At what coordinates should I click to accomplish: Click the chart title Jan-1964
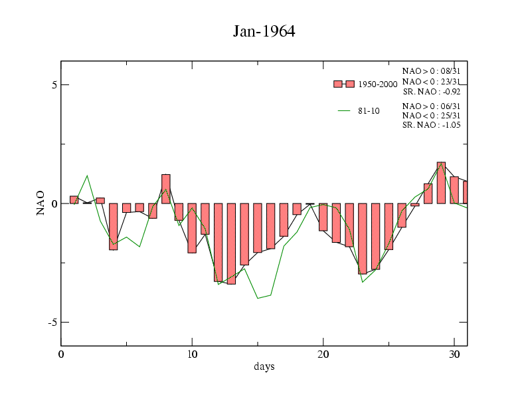click(264, 31)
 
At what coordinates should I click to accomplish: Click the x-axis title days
click(264, 366)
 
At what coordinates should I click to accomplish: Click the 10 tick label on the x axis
click(192, 354)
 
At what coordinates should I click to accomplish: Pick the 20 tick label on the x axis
click(323, 354)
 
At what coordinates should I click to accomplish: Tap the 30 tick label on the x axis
click(454, 354)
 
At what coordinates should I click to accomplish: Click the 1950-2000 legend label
click(377, 84)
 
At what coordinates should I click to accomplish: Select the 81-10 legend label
click(369, 111)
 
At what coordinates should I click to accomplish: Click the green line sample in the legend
click(344, 111)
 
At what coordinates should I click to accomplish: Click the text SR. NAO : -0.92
click(431, 91)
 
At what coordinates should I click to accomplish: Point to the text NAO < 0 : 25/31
click(431, 115)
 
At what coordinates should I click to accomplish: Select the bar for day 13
click(231, 243)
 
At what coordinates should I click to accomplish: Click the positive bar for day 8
click(166, 189)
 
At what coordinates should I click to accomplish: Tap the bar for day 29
click(441, 182)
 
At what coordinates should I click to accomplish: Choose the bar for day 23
click(363, 238)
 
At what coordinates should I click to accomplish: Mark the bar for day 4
click(114, 226)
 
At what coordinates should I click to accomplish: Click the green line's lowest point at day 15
click(258, 298)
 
